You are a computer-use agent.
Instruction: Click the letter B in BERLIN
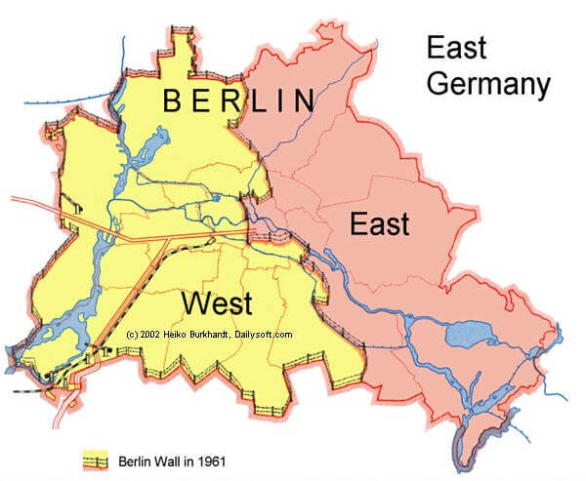[x=172, y=100]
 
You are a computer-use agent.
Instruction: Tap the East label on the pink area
[x=379, y=225]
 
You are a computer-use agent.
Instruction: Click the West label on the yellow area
[x=218, y=301]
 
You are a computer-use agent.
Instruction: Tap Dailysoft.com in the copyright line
[x=269, y=334]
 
